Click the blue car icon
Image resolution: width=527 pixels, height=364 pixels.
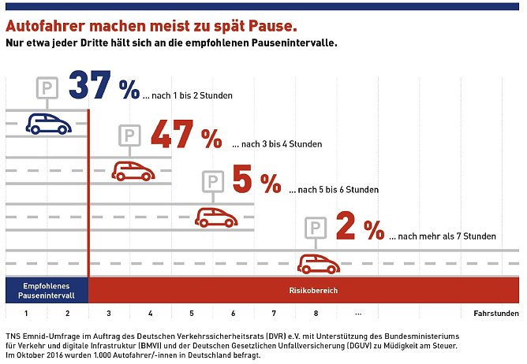pos(48,123)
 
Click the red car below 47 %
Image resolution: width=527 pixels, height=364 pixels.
pos(132,170)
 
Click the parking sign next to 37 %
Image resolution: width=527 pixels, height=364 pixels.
pos(47,87)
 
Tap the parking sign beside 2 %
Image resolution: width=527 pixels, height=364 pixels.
pos(316,228)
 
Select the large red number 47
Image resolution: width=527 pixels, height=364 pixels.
pos(173,135)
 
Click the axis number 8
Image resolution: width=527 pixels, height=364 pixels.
pos(316,314)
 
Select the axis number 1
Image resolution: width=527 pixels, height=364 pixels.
pos(26,314)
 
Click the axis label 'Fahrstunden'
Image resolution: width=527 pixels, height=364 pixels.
pos(495,314)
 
